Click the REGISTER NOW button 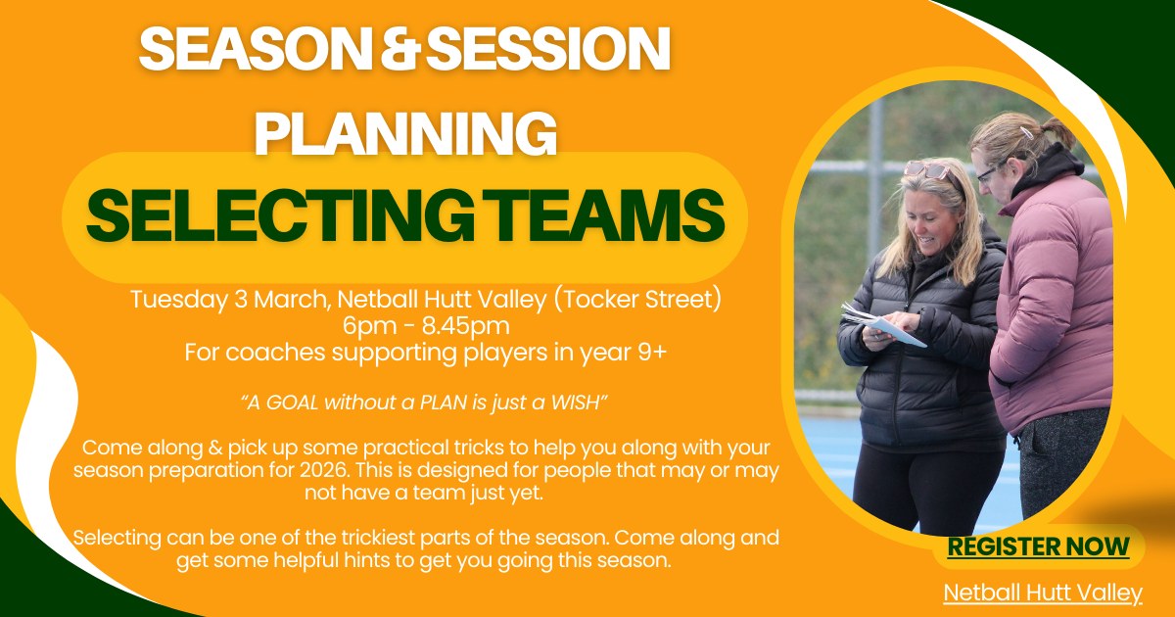click(1038, 546)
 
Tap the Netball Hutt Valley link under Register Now click(1043, 593)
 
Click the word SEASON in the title click(256, 48)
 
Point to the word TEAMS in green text click(604, 215)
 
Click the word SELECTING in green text click(280, 215)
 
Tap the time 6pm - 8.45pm click(426, 326)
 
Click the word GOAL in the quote click(292, 403)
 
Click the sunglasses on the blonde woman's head click(927, 169)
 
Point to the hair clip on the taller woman click(1026, 132)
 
